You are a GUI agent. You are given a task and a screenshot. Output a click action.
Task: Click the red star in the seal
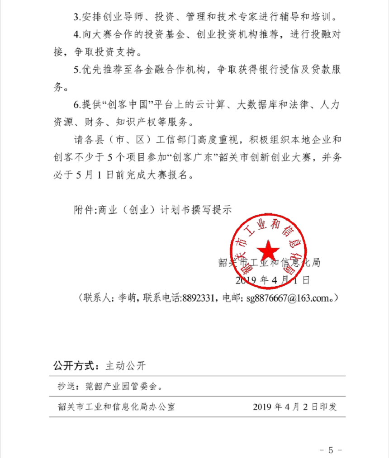pyautogui.click(x=268, y=250)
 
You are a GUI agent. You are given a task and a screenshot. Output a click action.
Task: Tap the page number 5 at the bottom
pyautogui.click(x=331, y=450)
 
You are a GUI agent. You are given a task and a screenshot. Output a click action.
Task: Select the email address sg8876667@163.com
pyautogui.click(x=285, y=299)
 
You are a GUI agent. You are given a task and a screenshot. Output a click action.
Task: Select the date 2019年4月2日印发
pyautogui.click(x=295, y=406)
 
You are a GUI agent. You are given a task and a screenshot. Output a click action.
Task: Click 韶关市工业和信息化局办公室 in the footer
pyautogui.click(x=116, y=406)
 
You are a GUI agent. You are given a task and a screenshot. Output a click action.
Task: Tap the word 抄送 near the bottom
pyautogui.click(x=65, y=387)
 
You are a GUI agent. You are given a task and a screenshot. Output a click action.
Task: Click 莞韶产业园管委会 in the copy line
pyautogui.click(x=121, y=387)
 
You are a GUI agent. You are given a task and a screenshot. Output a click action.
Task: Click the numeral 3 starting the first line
pyautogui.click(x=76, y=18)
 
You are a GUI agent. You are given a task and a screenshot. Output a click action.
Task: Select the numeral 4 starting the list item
pyautogui.click(x=76, y=35)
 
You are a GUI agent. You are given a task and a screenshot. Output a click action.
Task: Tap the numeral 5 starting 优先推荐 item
pyautogui.click(x=76, y=70)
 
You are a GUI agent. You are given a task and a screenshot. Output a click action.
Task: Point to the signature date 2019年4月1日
pyautogui.click(x=272, y=280)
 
